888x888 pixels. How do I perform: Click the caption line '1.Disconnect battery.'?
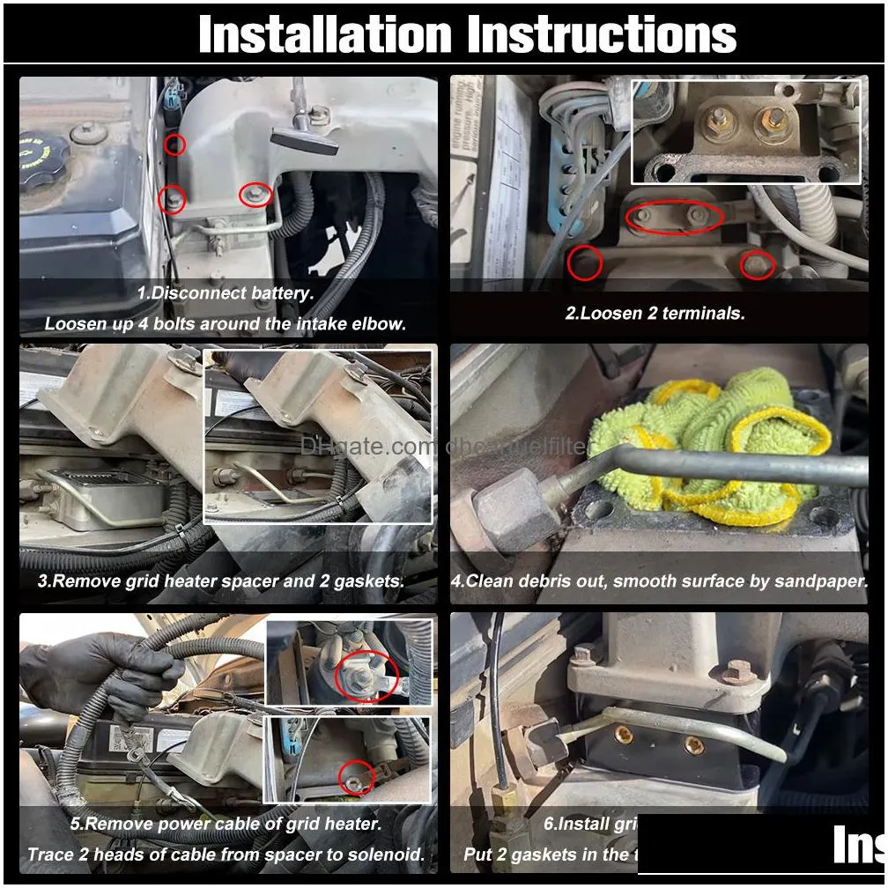coord(225,293)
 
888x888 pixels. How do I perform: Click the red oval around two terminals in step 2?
coord(675,217)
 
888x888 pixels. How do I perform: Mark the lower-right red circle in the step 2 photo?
coord(757,263)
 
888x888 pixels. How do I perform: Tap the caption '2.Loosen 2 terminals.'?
coord(655,313)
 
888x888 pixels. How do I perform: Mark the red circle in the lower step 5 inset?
coord(357,774)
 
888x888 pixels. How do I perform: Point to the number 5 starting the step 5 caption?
coord(76,825)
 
